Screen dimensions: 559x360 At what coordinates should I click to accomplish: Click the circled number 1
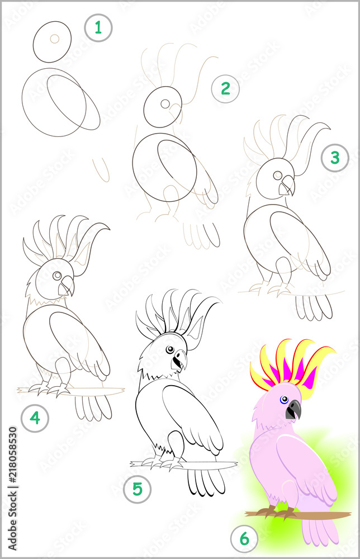pos(98,27)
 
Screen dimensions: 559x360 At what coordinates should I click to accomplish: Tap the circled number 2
pos(225,88)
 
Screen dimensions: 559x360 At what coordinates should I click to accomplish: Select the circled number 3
pos(335,158)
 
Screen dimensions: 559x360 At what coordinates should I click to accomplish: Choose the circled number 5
pos(138,490)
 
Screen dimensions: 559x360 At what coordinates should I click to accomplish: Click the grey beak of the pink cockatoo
pos(293,410)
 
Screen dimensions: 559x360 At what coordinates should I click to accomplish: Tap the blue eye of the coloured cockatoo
pos(285,400)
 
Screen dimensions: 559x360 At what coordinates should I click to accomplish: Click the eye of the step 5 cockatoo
pos(169,350)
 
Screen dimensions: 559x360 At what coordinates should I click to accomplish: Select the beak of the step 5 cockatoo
pos(179,361)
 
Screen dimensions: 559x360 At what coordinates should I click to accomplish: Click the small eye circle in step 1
pos(54,39)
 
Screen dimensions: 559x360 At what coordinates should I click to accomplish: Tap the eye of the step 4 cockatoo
pos(56,276)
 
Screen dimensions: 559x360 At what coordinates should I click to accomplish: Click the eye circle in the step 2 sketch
pos(165,103)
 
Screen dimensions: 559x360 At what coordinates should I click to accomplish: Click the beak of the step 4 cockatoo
pos(67,286)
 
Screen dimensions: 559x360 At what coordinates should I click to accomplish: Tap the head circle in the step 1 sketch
pos(53,42)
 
